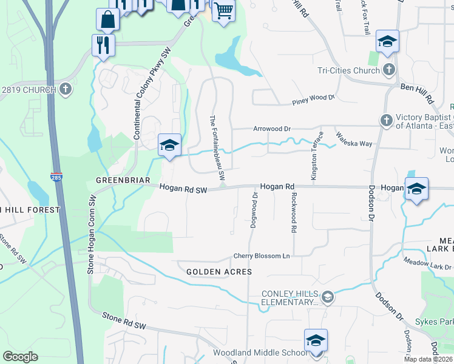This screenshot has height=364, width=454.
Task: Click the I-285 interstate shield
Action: (55, 177)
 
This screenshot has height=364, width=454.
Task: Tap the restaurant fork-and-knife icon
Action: (102, 44)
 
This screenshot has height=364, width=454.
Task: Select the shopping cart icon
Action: (223, 10)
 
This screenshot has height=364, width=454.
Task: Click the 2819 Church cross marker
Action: (66, 90)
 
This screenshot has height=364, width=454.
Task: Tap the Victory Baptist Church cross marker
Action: (386, 121)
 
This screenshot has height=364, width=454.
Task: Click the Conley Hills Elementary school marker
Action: (328, 296)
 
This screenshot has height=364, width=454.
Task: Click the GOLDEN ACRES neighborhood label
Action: (219, 272)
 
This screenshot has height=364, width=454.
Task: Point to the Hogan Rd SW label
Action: (183, 190)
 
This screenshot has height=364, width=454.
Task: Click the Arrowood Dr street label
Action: (272, 129)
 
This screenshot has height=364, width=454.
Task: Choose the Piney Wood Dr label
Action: (313, 98)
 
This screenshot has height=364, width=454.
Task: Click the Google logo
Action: (21, 357)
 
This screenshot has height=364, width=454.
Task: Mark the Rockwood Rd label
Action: (294, 213)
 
